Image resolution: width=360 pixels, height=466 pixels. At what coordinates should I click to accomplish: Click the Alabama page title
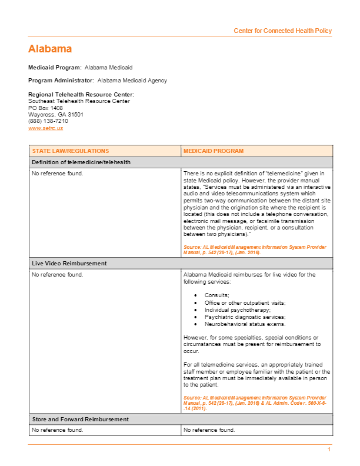tap(50, 49)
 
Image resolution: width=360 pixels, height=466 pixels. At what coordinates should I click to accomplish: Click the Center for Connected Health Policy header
tap(282, 31)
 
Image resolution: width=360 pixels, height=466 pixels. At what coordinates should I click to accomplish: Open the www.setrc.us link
tap(45, 128)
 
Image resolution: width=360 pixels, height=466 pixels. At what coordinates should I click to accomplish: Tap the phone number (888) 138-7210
tap(48, 121)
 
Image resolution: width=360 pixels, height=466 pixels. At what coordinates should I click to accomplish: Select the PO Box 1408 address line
tap(45, 108)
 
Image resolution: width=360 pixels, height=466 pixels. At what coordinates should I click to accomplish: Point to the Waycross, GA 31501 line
tap(56, 114)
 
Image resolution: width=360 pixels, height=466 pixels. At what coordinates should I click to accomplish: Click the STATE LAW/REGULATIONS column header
tap(71, 151)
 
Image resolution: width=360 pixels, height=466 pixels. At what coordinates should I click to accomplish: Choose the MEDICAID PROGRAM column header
tap(214, 151)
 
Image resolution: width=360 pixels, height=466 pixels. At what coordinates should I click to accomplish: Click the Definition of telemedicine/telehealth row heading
tap(81, 162)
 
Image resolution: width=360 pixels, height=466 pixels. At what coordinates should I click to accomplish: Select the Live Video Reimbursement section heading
tap(69, 264)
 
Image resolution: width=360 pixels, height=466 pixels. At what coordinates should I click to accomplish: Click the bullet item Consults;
tap(217, 295)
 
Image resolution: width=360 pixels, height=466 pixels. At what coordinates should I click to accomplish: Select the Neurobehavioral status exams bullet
tap(245, 324)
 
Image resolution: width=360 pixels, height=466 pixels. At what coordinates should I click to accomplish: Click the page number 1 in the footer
tap(329, 450)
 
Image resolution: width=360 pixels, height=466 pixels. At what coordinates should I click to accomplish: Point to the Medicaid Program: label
tap(55, 68)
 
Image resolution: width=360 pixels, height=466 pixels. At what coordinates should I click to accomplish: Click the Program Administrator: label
tap(61, 81)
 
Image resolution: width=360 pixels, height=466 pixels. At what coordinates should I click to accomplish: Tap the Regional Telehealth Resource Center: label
tap(81, 95)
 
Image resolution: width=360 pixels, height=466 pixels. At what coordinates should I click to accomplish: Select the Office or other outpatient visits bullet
tap(245, 302)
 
